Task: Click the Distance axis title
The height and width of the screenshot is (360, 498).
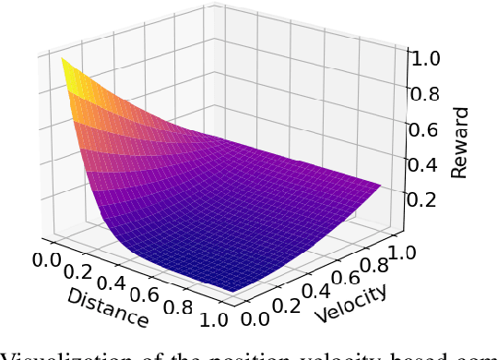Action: coord(108,306)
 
